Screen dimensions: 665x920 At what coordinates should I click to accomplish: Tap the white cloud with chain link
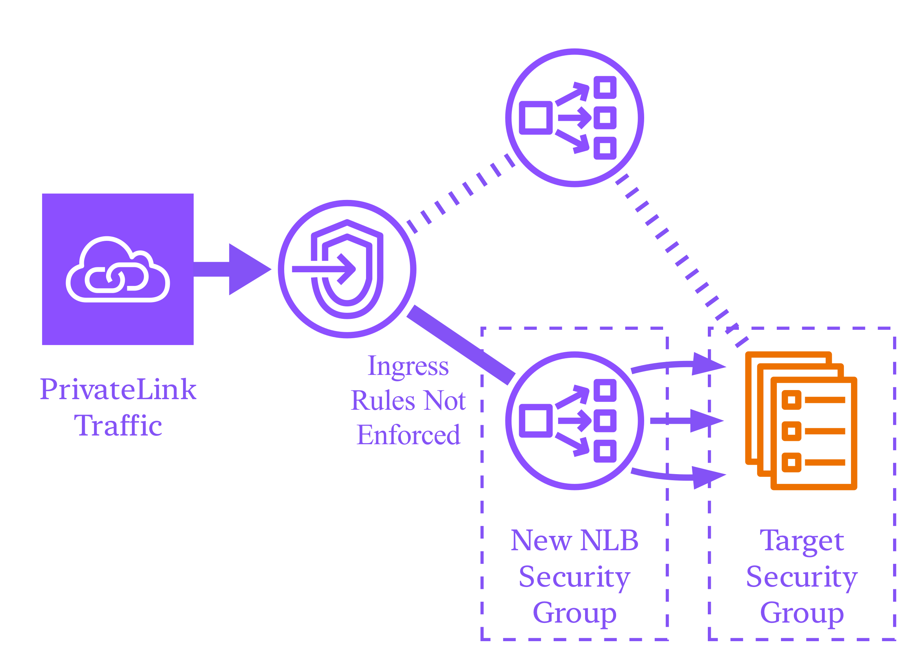tap(117, 270)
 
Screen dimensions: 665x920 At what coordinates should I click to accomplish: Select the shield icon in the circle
tap(347, 269)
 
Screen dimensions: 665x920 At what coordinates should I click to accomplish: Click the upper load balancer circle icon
tap(574, 118)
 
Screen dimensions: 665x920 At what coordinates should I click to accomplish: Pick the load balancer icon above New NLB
tap(574, 421)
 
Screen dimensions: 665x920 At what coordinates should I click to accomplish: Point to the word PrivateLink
tap(118, 390)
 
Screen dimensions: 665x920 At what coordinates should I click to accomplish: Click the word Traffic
tap(118, 426)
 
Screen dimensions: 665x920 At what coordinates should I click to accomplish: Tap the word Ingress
tap(408, 367)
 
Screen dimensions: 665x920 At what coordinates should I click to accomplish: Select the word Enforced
tap(408, 436)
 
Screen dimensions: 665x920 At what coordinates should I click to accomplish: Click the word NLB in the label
tap(609, 540)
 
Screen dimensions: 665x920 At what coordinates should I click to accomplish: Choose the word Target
tap(802, 540)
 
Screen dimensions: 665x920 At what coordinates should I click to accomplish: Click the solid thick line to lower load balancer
tap(461, 345)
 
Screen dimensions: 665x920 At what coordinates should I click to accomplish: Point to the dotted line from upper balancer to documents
tap(682, 261)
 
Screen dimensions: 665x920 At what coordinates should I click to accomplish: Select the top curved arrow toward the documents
tap(677, 365)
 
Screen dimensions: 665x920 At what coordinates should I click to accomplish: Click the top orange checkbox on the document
tap(792, 400)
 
